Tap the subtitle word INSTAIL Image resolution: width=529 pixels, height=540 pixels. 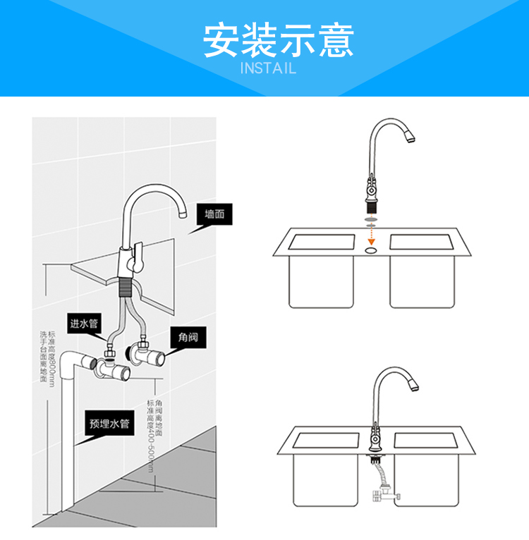(268, 68)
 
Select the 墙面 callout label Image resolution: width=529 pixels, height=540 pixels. (214, 214)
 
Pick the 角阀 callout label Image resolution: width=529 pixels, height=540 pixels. (188, 338)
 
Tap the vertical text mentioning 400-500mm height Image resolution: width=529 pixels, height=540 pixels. (154, 434)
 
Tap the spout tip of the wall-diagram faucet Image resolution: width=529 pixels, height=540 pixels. (181, 211)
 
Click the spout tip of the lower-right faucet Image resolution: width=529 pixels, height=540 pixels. (414, 386)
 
